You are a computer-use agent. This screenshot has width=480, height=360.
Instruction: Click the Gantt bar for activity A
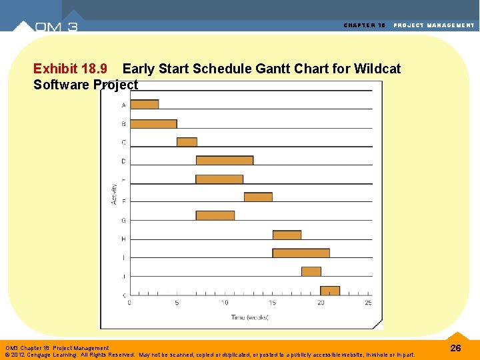[x=144, y=104]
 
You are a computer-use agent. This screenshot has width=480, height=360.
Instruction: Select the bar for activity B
[x=153, y=124]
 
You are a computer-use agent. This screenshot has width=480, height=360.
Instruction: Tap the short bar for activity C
[x=187, y=142]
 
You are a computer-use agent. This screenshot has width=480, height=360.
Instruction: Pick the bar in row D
[x=224, y=160]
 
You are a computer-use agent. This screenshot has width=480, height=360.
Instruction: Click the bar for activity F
[x=258, y=197]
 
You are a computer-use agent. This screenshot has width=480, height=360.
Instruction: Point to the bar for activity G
[x=215, y=215]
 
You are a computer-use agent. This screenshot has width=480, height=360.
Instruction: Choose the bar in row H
[x=287, y=235]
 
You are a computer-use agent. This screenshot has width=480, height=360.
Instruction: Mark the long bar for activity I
[x=301, y=253]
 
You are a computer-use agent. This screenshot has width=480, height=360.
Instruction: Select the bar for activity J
[x=311, y=271]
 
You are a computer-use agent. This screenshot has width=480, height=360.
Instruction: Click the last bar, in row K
[x=330, y=291]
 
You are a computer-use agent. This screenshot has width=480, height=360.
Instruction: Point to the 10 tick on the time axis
[x=225, y=303]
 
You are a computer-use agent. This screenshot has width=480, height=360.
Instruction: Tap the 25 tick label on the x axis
[x=368, y=303]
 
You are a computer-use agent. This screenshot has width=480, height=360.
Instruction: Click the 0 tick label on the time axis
[x=129, y=303]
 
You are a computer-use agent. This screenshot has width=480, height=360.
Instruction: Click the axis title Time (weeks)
[x=250, y=317]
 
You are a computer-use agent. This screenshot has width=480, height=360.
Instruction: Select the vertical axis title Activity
[x=113, y=193]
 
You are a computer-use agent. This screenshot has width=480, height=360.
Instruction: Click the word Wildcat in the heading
[x=377, y=69]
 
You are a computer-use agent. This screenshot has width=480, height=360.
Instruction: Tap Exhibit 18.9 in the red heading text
[x=71, y=69]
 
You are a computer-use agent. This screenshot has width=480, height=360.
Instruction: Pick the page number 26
[x=456, y=348]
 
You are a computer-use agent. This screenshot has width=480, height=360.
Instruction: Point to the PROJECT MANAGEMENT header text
[x=434, y=25]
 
